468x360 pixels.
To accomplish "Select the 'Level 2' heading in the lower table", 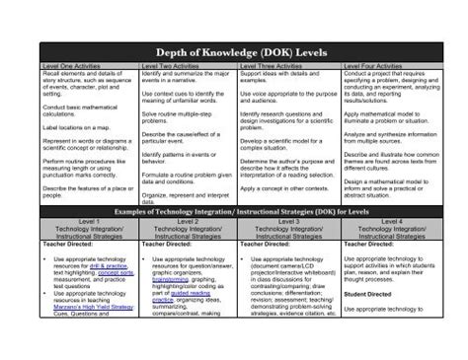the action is (x=189, y=223).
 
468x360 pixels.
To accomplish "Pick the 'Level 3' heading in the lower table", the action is (x=289, y=223).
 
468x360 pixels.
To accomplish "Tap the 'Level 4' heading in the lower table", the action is (x=391, y=223).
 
